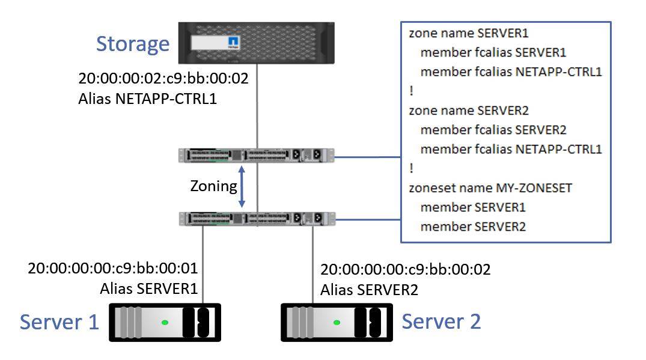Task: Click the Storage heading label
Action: (x=133, y=44)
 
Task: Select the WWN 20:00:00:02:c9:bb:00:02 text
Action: (x=163, y=79)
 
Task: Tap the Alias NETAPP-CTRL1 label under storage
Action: (x=147, y=99)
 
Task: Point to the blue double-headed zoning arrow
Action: (x=242, y=186)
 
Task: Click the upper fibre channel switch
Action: (x=257, y=156)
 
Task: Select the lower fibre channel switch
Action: (x=257, y=218)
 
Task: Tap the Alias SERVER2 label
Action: (x=369, y=290)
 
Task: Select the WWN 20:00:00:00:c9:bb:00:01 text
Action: (x=113, y=268)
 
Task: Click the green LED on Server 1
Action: (x=164, y=323)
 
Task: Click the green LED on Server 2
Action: (x=336, y=323)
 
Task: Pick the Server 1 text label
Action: (x=59, y=322)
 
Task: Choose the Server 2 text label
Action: (x=441, y=322)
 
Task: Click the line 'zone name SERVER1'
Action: (x=460, y=34)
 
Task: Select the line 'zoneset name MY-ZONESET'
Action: (x=490, y=188)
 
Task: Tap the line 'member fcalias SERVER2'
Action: (x=493, y=130)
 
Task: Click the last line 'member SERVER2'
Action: (x=473, y=226)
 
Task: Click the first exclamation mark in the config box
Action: (x=411, y=91)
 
